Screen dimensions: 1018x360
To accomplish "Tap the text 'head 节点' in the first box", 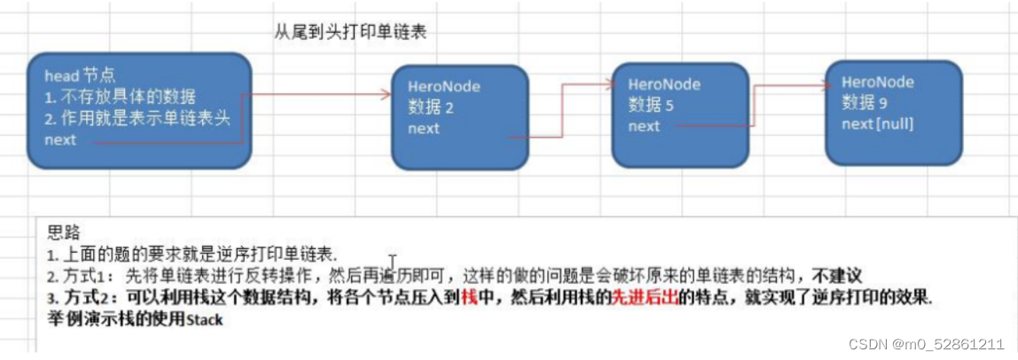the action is point(80,76).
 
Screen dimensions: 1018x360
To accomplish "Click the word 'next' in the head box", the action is point(60,139).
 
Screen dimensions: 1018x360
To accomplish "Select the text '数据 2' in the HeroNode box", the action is point(432,108).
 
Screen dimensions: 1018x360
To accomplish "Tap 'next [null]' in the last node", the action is point(877,123).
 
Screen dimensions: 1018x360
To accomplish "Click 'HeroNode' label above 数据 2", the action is point(444,88).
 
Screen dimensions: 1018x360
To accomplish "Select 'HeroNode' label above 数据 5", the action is point(663,84).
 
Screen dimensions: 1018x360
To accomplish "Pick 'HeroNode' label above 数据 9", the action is point(878,82).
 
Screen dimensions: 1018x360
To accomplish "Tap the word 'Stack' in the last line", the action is point(205,319).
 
